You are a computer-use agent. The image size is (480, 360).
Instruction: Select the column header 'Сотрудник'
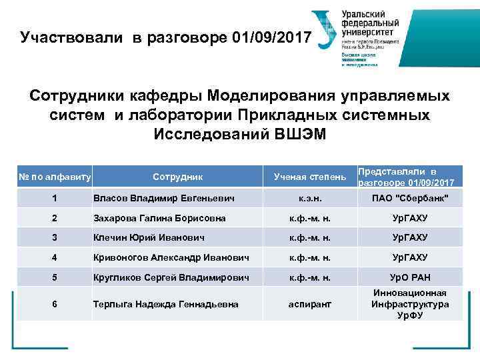(177, 177)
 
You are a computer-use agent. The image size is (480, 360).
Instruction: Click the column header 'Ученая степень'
(310, 177)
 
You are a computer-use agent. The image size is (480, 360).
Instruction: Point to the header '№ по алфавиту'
(55, 177)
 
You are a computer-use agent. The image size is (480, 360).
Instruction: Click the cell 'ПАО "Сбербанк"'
(409, 198)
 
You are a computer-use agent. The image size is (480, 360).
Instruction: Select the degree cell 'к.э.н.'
(309, 198)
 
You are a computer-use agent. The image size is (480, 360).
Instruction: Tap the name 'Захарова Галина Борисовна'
(159, 218)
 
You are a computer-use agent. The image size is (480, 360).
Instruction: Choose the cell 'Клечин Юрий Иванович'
(148, 237)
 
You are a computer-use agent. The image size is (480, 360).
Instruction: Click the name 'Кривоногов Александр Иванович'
(171, 257)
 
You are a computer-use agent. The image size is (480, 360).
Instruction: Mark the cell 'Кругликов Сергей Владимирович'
(171, 277)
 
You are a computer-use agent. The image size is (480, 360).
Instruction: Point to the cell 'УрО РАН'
(409, 277)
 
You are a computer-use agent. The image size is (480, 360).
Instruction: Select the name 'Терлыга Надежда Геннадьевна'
(165, 304)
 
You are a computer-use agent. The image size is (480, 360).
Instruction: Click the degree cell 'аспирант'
(309, 304)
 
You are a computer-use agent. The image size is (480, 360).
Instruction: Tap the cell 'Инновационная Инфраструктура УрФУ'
(409, 304)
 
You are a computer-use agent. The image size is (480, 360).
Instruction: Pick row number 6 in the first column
(55, 304)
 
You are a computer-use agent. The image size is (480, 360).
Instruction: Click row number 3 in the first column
(55, 237)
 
